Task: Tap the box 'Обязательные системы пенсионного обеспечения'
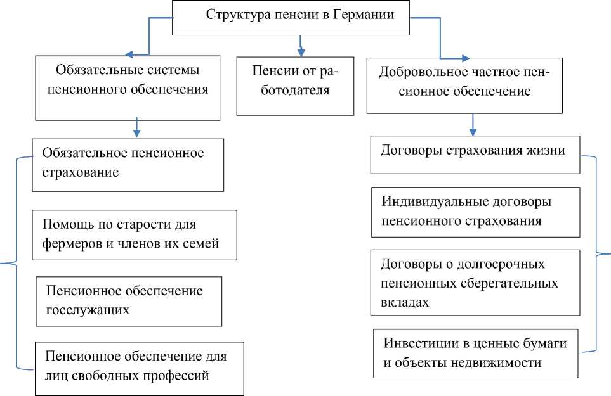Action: (132, 87)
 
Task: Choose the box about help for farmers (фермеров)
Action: (135, 234)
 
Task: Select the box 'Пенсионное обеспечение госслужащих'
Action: (129, 300)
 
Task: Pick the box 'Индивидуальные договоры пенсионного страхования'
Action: (475, 212)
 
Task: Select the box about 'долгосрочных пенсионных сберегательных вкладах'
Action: (475, 282)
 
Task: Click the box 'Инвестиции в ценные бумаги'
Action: (475, 353)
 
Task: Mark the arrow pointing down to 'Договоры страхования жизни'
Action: (472, 126)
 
